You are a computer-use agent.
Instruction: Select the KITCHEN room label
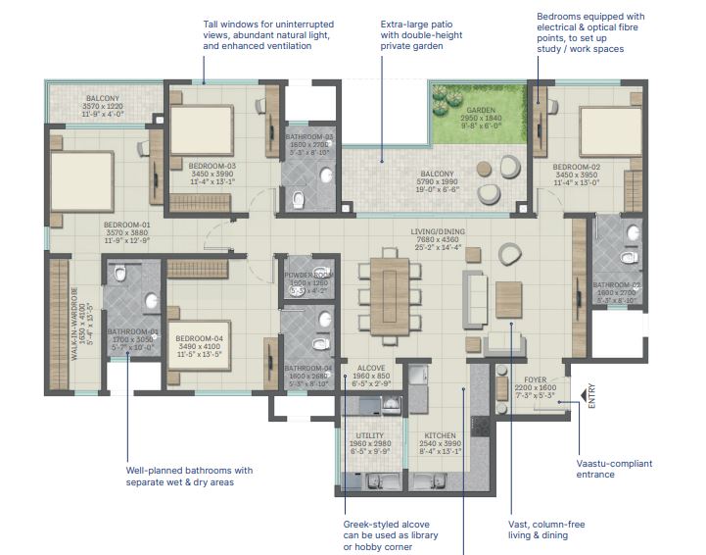[x=441, y=439]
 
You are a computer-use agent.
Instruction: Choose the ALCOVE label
[x=370, y=369]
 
